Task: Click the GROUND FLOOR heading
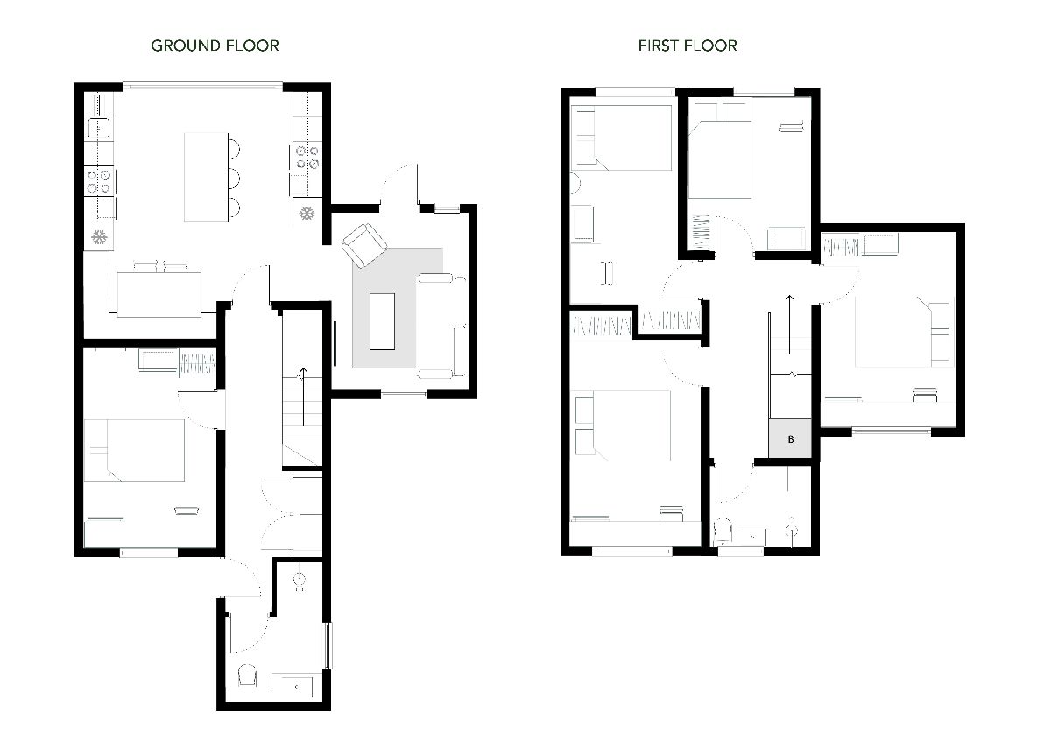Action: tap(215, 46)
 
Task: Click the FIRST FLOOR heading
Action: tap(688, 46)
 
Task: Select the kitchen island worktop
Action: tap(205, 177)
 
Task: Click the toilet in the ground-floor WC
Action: tap(248, 676)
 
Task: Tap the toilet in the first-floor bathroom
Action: tap(724, 530)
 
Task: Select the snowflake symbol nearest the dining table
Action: tap(99, 236)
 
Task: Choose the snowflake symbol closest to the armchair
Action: tap(307, 213)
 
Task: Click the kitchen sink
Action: tap(101, 130)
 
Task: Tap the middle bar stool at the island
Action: tap(232, 178)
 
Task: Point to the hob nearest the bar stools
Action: tap(307, 157)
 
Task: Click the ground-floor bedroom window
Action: tap(149, 552)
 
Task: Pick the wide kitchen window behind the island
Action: tap(202, 85)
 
